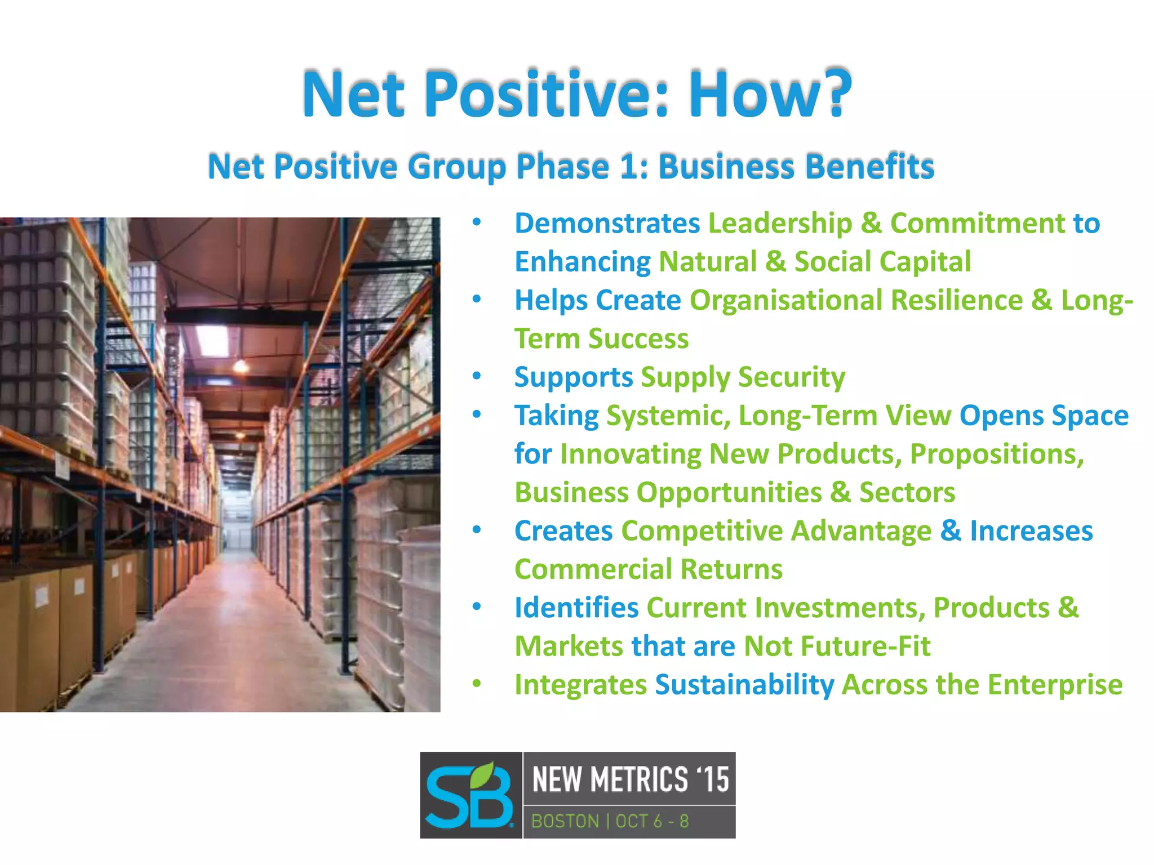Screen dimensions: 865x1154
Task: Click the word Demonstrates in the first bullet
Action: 607,224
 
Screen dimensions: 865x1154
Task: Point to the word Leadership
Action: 780,223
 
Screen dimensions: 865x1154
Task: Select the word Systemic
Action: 668,416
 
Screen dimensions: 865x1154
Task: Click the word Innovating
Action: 631,454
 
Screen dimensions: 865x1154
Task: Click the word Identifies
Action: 576,608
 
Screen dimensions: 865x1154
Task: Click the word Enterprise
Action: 1054,685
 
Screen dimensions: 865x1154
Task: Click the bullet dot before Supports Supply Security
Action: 477,376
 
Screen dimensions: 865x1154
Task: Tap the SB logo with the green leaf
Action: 470,795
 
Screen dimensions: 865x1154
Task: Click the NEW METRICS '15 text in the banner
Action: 630,779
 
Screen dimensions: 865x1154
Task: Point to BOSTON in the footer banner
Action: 565,821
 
